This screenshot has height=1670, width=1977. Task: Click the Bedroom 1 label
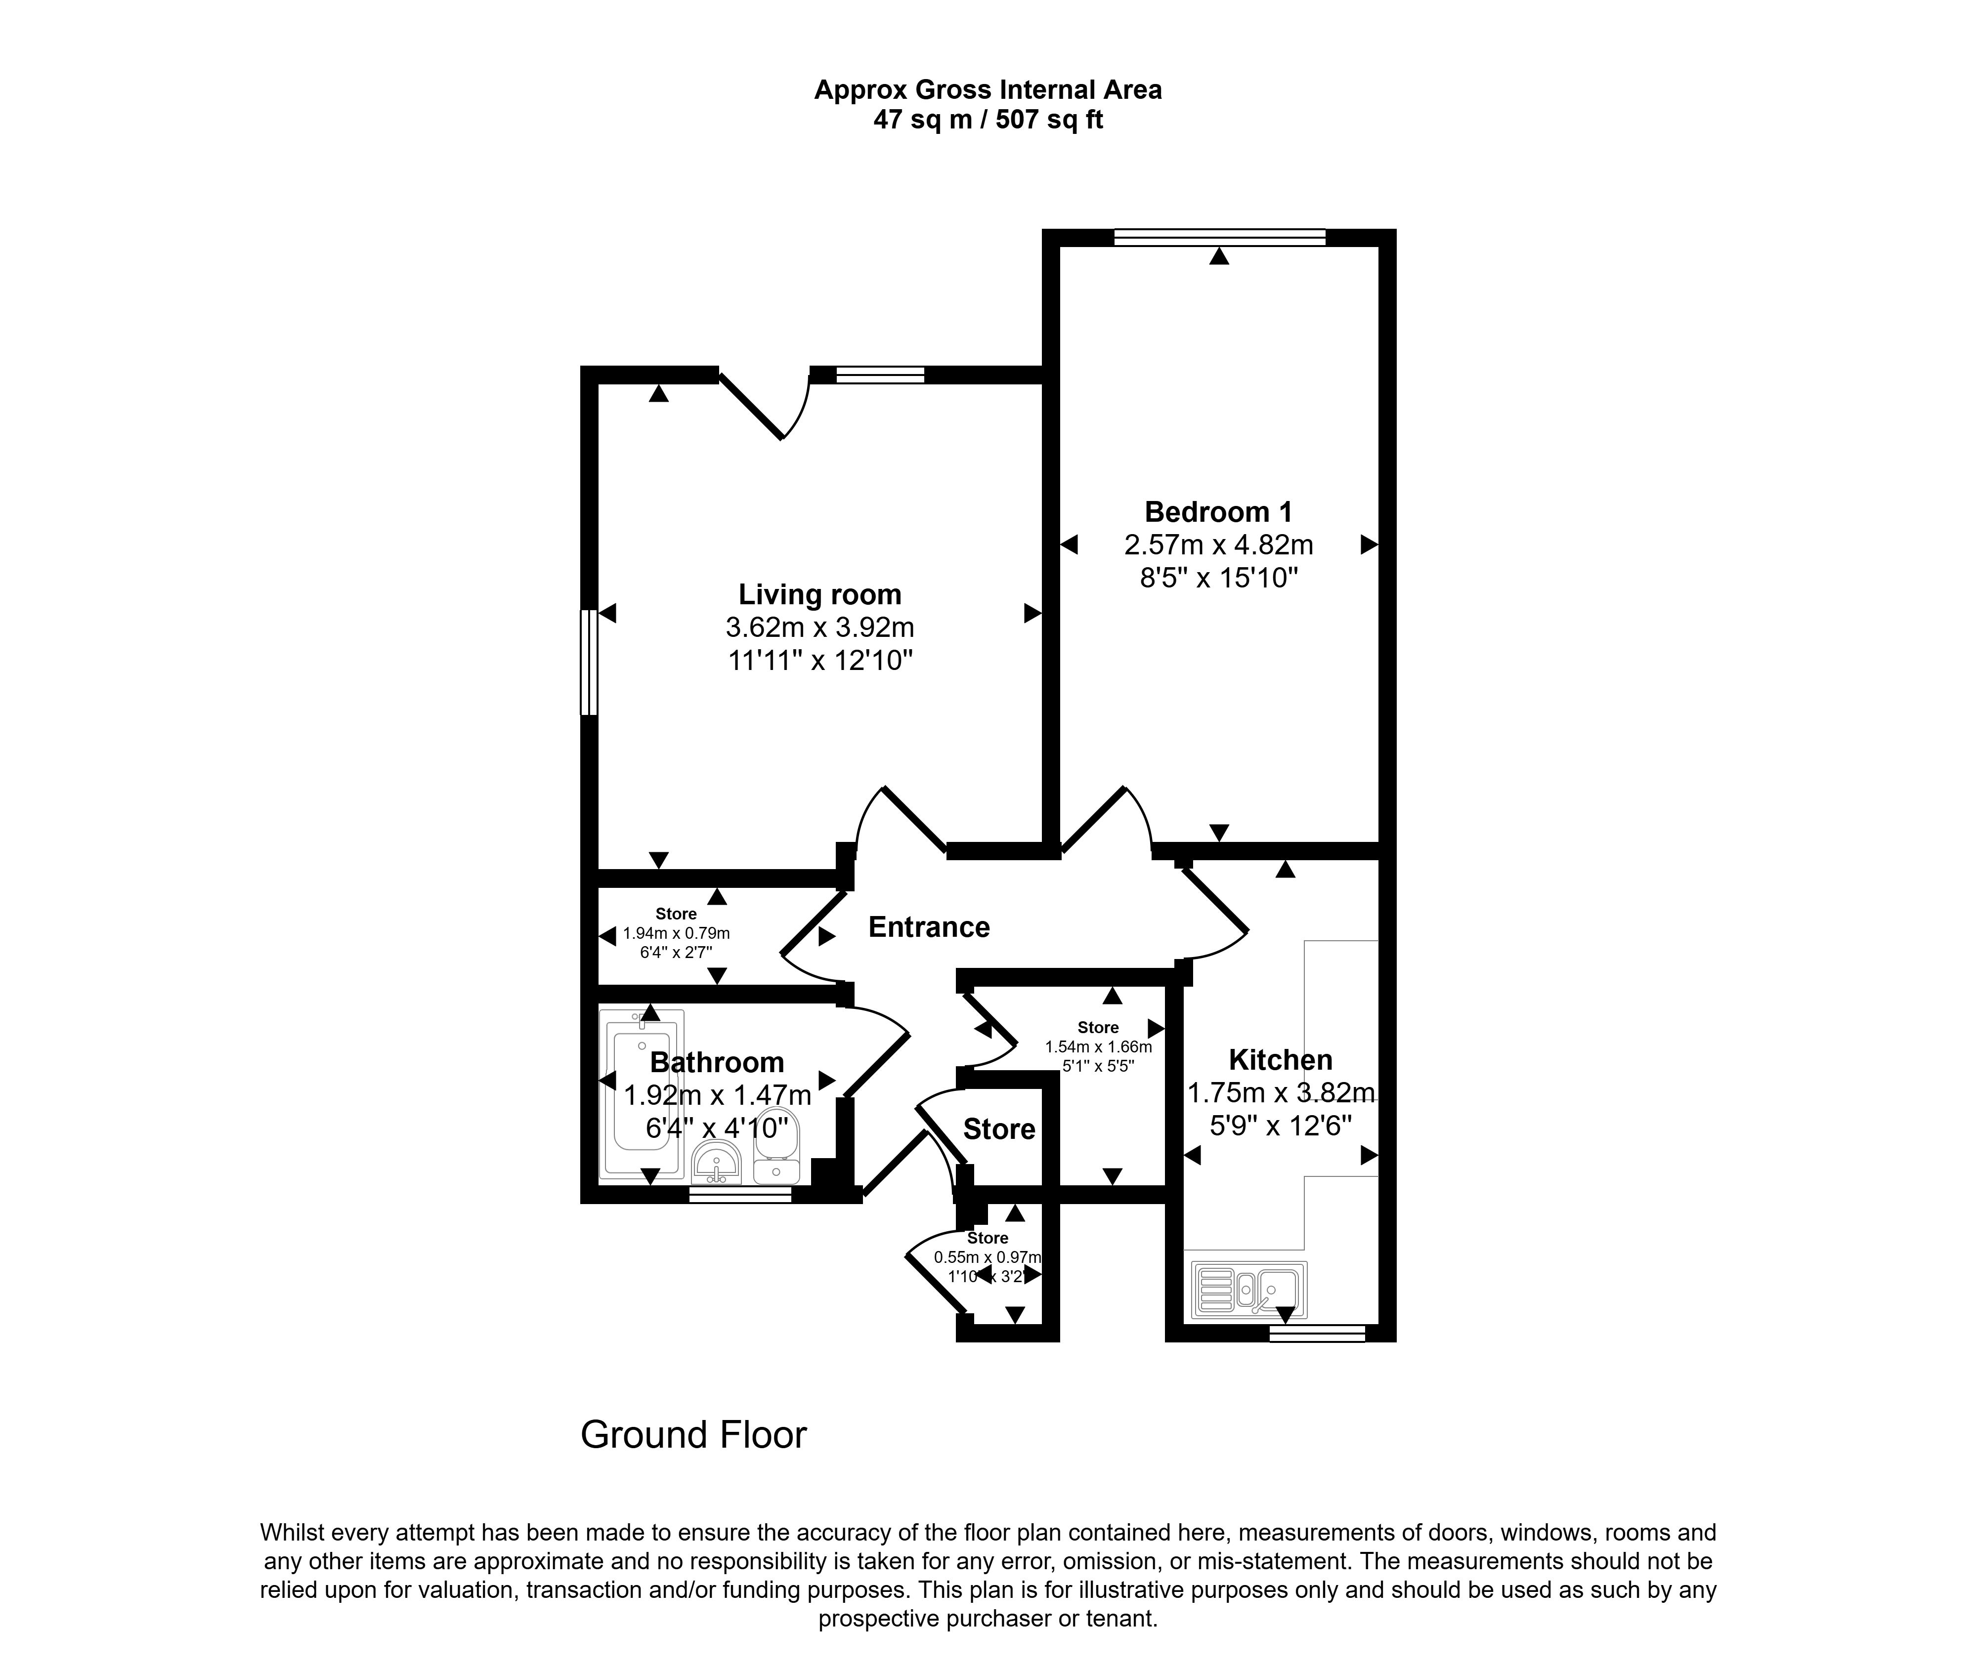(1218, 512)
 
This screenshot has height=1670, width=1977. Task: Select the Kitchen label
(1280, 1059)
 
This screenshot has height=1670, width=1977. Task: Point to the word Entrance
(929, 927)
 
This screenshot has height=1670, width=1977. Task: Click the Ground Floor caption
(693, 1434)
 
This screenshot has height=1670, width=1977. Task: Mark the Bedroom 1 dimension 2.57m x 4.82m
(1218, 545)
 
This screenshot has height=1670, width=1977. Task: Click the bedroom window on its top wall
(1219, 238)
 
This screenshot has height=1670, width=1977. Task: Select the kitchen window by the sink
(1317, 1333)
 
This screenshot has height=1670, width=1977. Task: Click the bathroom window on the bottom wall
(739, 1196)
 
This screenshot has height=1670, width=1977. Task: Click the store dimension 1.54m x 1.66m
(1098, 1047)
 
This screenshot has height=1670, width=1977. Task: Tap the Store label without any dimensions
(999, 1128)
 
